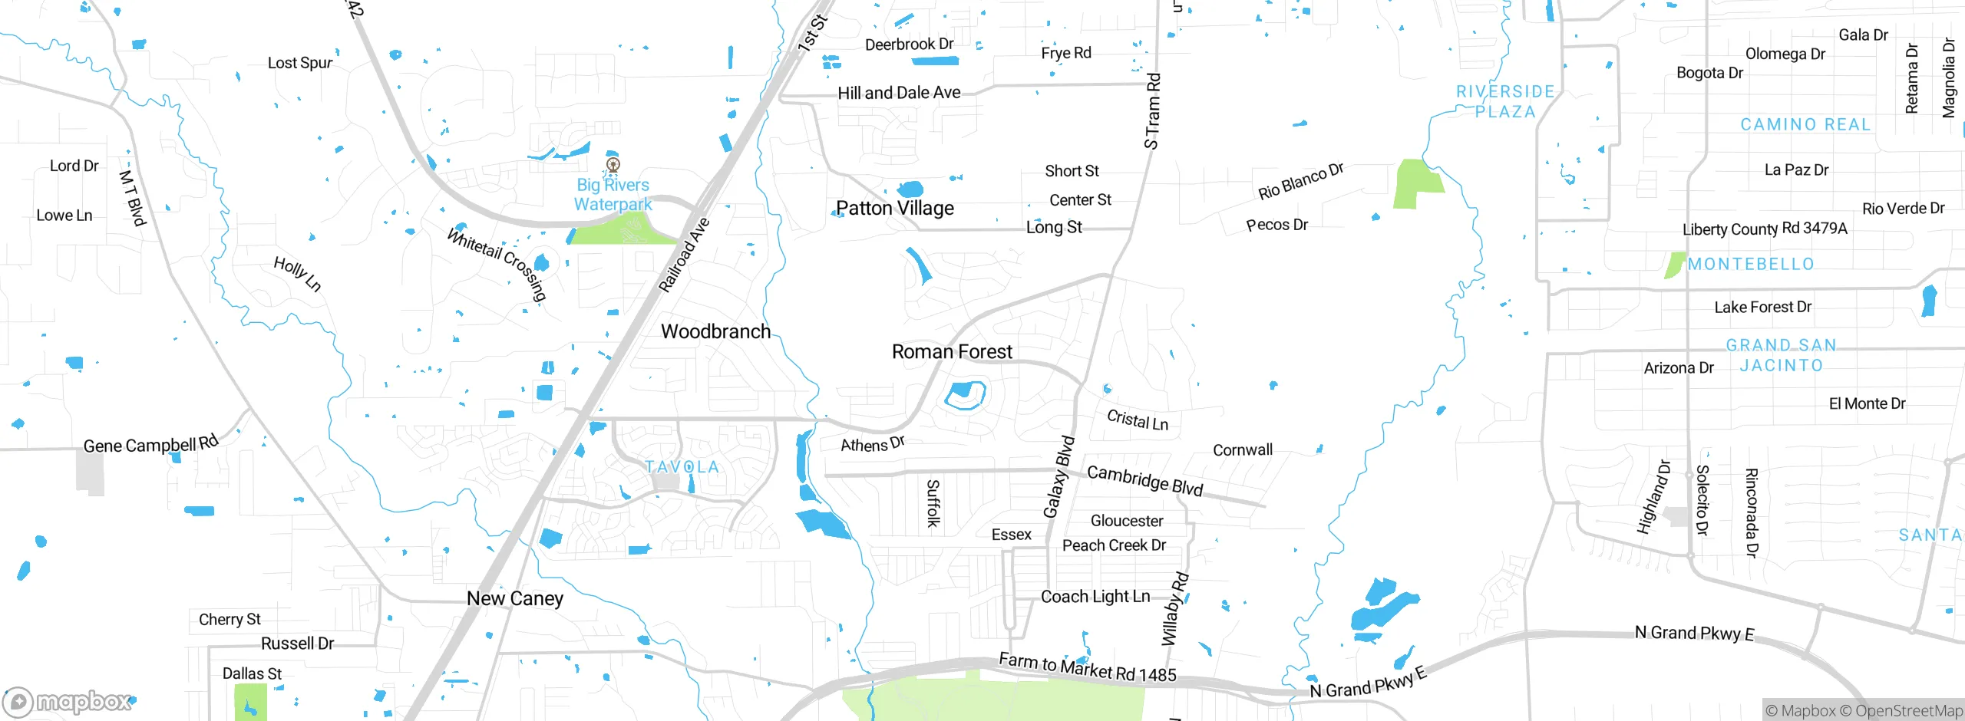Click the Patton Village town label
895,208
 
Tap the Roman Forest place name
952,351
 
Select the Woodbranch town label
715,331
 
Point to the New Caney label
515,598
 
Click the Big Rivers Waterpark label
613,195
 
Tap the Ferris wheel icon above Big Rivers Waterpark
613,164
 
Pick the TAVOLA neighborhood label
682,466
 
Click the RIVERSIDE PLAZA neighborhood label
1505,101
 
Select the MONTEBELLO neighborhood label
1751,264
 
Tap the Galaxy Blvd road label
1058,477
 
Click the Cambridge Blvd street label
1144,481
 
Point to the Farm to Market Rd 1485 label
1087,667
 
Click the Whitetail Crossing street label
497,265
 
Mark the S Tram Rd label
1152,111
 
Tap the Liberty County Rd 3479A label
1765,229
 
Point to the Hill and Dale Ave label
899,93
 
